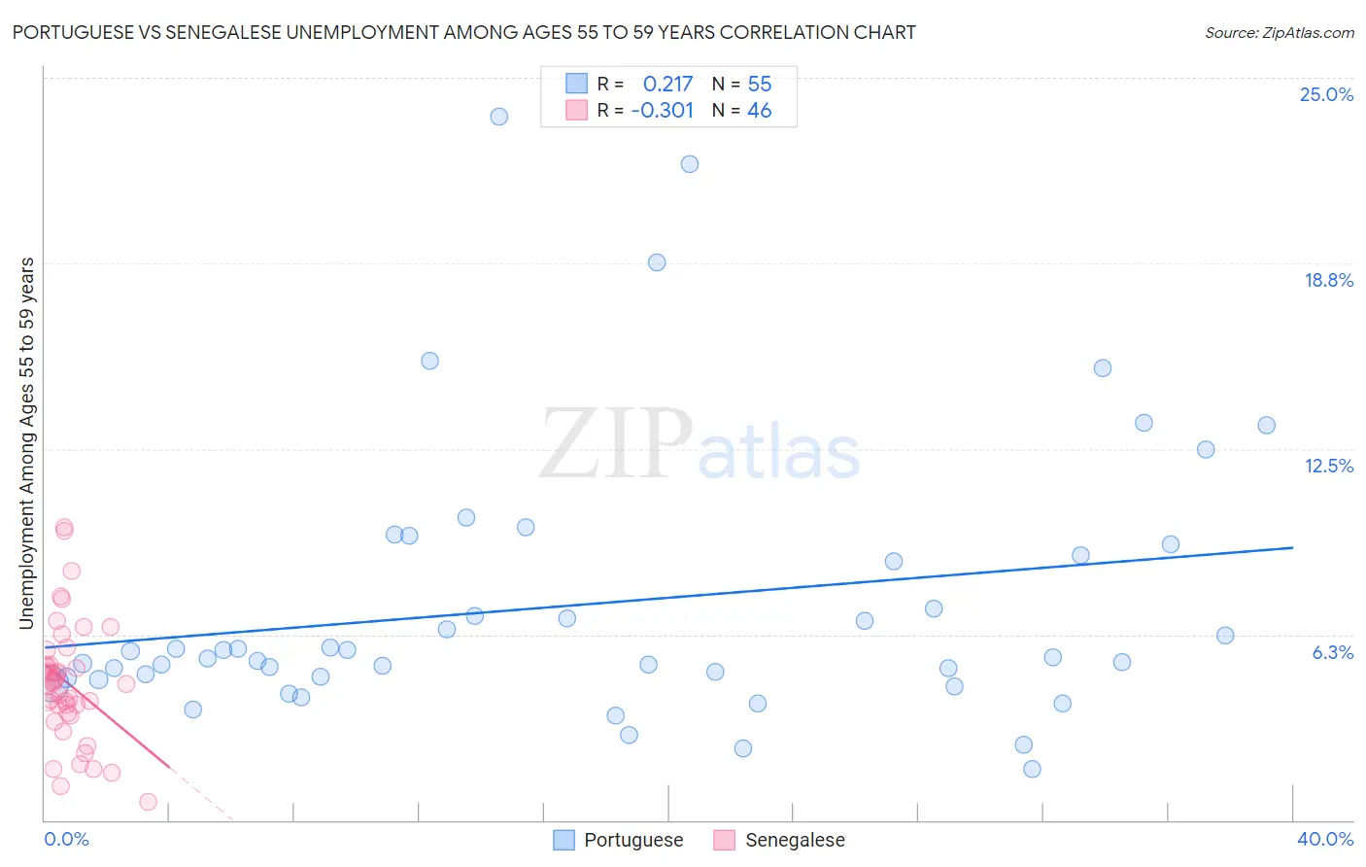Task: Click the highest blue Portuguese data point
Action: pyautogui.click(x=498, y=117)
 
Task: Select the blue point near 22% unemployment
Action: pyautogui.click(x=689, y=164)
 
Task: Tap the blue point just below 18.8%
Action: pyautogui.click(x=657, y=262)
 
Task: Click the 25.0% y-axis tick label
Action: pyautogui.click(x=1326, y=95)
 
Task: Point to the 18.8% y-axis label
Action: pyautogui.click(x=1328, y=280)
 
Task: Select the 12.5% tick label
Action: pyautogui.click(x=1328, y=466)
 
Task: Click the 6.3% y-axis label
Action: pyautogui.click(x=1332, y=652)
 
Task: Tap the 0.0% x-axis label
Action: pyautogui.click(x=66, y=839)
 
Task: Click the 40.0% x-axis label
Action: pyautogui.click(x=1324, y=839)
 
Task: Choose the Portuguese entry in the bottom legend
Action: pyautogui.click(x=632, y=840)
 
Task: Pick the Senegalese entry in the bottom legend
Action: pyautogui.click(x=794, y=840)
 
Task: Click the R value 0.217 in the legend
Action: pyautogui.click(x=667, y=85)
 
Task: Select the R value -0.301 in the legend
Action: pyautogui.click(x=662, y=111)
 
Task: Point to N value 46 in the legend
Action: pyautogui.click(x=759, y=111)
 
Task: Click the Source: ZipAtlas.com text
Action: pyautogui.click(x=1279, y=33)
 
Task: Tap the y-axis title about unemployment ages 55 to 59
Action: pyautogui.click(x=27, y=442)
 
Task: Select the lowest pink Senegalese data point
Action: pyautogui.click(x=148, y=802)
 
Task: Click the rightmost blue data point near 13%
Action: pyautogui.click(x=1266, y=425)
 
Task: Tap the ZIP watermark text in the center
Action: pyautogui.click(x=615, y=444)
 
